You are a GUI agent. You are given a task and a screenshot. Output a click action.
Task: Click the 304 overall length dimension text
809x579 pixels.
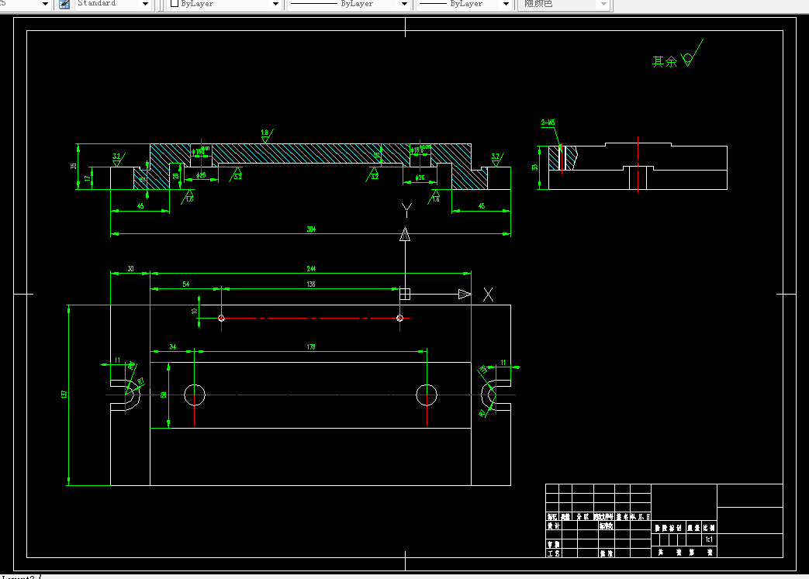(x=311, y=229)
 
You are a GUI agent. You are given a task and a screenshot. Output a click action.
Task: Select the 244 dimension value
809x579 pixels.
(x=311, y=269)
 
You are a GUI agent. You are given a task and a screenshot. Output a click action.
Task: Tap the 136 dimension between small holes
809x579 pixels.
(x=311, y=284)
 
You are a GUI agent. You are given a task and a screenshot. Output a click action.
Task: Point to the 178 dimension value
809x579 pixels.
(x=311, y=347)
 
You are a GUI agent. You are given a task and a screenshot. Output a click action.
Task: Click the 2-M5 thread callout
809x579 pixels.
(x=548, y=122)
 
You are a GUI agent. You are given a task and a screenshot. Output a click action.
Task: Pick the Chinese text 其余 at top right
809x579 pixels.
(x=664, y=61)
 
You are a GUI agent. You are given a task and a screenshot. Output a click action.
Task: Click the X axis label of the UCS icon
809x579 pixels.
(x=488, y=295)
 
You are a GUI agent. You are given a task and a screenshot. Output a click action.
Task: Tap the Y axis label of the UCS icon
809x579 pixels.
(x=406, y=209)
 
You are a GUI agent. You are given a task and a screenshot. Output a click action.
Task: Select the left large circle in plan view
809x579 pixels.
(x=195, y=395)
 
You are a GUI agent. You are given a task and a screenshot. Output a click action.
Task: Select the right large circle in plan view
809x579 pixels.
(x=427, y=395)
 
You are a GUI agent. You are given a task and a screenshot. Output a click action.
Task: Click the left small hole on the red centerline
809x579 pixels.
(x=221, y=318)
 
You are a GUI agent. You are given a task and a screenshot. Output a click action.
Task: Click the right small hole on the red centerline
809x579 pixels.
(x=399, y=318)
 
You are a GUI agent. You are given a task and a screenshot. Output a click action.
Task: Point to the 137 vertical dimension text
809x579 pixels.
(x=64, y=395)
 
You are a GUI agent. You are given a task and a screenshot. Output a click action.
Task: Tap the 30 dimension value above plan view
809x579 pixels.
(x=130, y=269)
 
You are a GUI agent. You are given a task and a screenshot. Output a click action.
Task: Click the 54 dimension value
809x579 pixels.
(x=185, y=284)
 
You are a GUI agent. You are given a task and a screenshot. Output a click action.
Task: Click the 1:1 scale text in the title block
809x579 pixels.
(x=708, y=539)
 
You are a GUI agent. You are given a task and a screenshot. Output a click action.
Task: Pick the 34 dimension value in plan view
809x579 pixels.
(x=172, y=347)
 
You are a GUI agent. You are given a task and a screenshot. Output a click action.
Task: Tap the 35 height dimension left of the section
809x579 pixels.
(x=74, y=166)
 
